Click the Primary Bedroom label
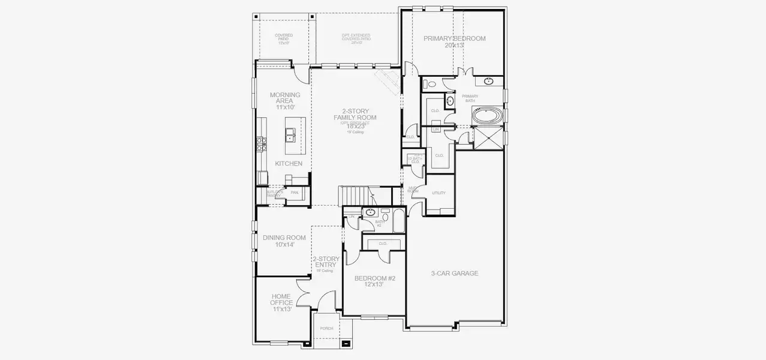pos(454,38)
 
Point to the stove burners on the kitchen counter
pos(261,145)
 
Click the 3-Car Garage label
pos(454,274)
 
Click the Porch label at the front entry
pos(326,328)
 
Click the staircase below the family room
pos(357,196)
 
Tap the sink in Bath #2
pos(370,212)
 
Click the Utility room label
pos(438,193)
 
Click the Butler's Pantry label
pos(273,193)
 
